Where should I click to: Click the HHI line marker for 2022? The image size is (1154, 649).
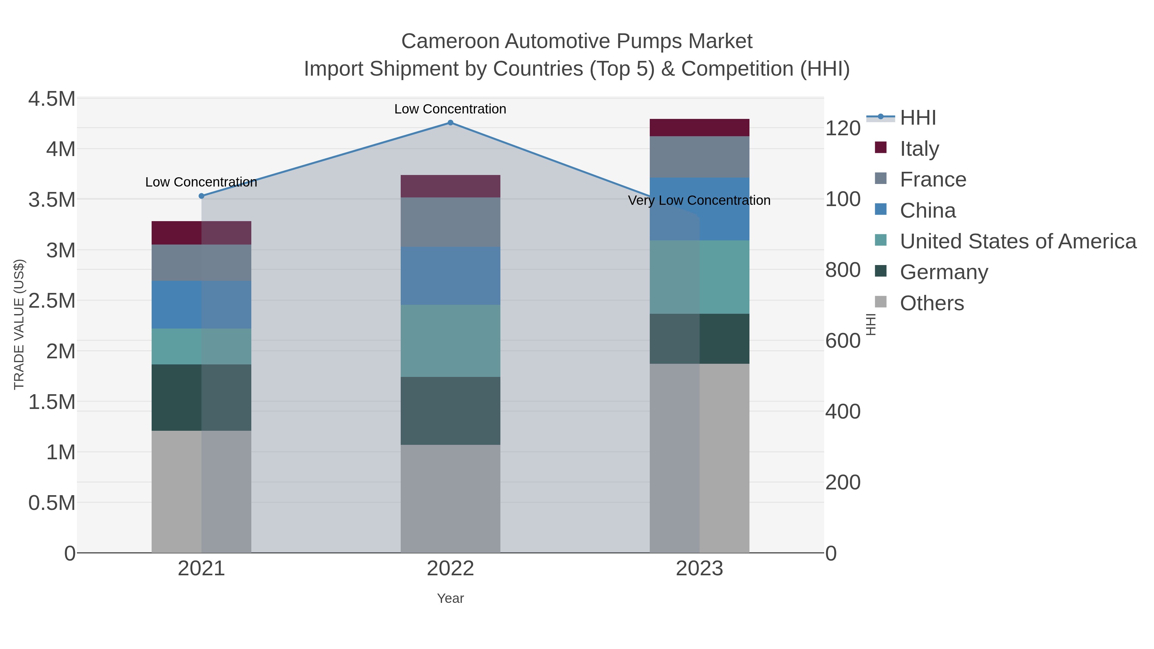coord(450,123)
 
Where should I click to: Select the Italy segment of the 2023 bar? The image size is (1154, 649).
coord(699,128)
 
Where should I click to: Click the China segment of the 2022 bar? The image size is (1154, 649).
coord(450,276)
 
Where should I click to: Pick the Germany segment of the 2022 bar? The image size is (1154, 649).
coord(450,411)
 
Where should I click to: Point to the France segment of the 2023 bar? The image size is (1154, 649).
coord(699,157)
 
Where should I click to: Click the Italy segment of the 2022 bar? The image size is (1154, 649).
coord(450,186)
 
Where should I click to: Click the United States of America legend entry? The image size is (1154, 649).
coord(1017,241)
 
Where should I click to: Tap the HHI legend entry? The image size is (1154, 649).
coord(917,118)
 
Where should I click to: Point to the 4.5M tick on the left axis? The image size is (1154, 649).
coord(52,99)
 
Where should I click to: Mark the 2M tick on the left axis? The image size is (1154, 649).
coord(61,352)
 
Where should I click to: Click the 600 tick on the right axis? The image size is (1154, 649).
coord(843,341)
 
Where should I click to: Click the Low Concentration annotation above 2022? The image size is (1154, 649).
coord(450,109)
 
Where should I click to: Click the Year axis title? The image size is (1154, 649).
coord(450,598)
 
